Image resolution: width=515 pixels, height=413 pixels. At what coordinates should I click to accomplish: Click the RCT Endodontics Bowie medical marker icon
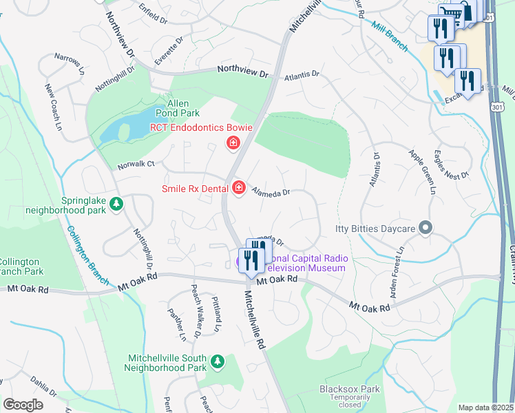click(233, 143)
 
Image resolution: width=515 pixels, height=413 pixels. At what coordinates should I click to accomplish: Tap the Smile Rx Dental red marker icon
click(239, 188)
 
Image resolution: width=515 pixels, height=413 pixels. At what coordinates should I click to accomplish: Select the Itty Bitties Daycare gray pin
click(426, 227)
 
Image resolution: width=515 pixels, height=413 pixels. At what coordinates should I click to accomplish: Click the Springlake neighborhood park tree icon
click(117, 203)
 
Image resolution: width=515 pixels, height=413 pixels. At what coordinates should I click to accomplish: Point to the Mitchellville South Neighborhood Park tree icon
click(218, 361)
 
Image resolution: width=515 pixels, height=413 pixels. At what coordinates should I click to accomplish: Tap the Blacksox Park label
click(350, 389)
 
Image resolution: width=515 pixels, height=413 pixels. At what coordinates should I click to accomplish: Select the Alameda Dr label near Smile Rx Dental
click(270, 191)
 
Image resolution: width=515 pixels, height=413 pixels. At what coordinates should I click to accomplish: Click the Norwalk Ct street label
click(136, 164)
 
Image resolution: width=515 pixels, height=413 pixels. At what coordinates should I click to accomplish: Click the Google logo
click(23, 405)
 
